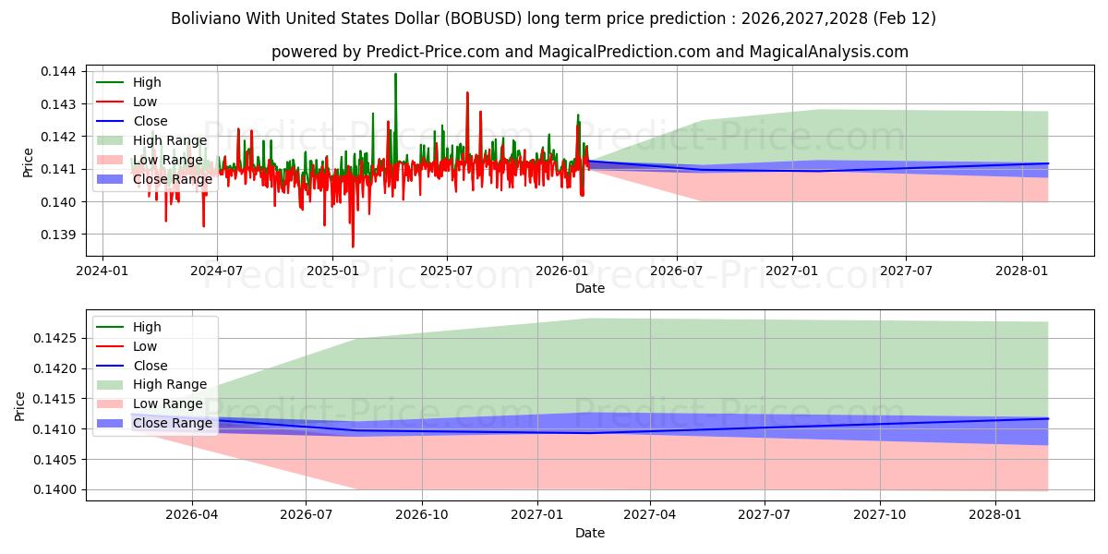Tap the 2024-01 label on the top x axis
click(102, 271)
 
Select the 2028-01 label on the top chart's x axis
click(1021, 271)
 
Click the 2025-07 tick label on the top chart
click(447, 271)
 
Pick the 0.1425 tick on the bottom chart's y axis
click(57, 338)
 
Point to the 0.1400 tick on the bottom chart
click(57, 490)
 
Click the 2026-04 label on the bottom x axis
click(192, 514)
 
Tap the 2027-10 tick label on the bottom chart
click(879, 514)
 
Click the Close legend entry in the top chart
click(151, 121)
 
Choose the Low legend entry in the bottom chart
click(145, 346)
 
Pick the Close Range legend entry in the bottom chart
click(173, 424)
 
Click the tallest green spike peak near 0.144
click(395, 74)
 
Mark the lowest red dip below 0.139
click(353, 247)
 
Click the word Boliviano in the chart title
click(204, 18)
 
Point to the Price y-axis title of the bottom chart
click(20, 405)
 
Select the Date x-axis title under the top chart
click(590, 288)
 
